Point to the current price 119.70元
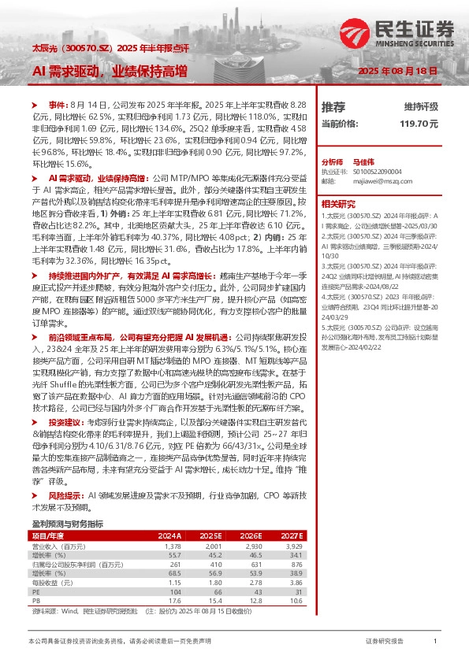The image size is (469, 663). pos(419,124)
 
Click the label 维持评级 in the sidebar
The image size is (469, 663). pos(421,106)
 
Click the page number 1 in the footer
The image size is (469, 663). pos(435,642)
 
